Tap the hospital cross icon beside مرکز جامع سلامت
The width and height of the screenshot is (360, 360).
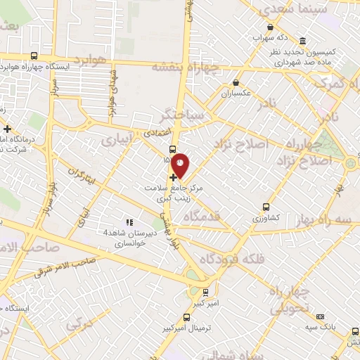click(x=174, y=179)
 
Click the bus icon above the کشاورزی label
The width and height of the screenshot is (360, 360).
click(x=266, y=207)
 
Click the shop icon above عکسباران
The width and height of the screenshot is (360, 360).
click(x=236, y=83)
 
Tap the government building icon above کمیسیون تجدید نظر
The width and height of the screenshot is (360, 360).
click(x=302, y=41)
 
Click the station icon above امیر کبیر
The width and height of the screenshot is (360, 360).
click(x=205, y=291)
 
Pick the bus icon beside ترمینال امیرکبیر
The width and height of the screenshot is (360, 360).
click(x=186, y=316)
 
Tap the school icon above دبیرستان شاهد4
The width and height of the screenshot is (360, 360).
click(x=128, y=223)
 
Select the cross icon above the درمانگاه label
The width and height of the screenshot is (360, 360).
click(x=8, y=129)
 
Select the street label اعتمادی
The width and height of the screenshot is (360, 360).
click(x=156, y=131)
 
